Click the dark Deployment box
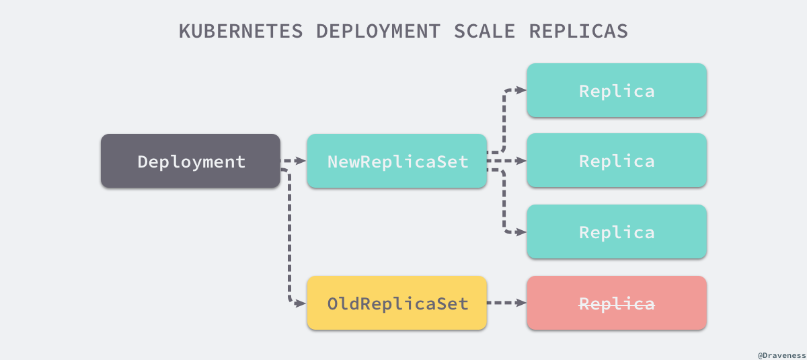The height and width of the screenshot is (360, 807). [x=190, y=161]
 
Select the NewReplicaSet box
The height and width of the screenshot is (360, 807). [x=397, y=161]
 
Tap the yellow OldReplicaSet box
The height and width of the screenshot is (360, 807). [x=397, y=303]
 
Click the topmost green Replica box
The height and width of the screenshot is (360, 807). [x=616, y=90]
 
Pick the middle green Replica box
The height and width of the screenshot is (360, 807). [x=616, y=161]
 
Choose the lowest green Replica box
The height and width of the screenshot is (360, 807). [x=616, y=232]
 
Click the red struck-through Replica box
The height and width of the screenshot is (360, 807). [x=616, y=303]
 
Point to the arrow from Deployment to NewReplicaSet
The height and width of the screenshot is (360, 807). [x=293, y=161]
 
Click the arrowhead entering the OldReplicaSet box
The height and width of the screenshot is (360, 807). [x=302, y=303]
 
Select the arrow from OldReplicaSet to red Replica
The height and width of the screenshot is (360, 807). [x=506, y=303]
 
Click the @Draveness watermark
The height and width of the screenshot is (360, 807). [x=780, y=353]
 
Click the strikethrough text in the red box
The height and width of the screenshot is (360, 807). [x=617, y=303]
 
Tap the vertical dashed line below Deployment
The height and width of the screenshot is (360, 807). [x=290, y=236]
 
